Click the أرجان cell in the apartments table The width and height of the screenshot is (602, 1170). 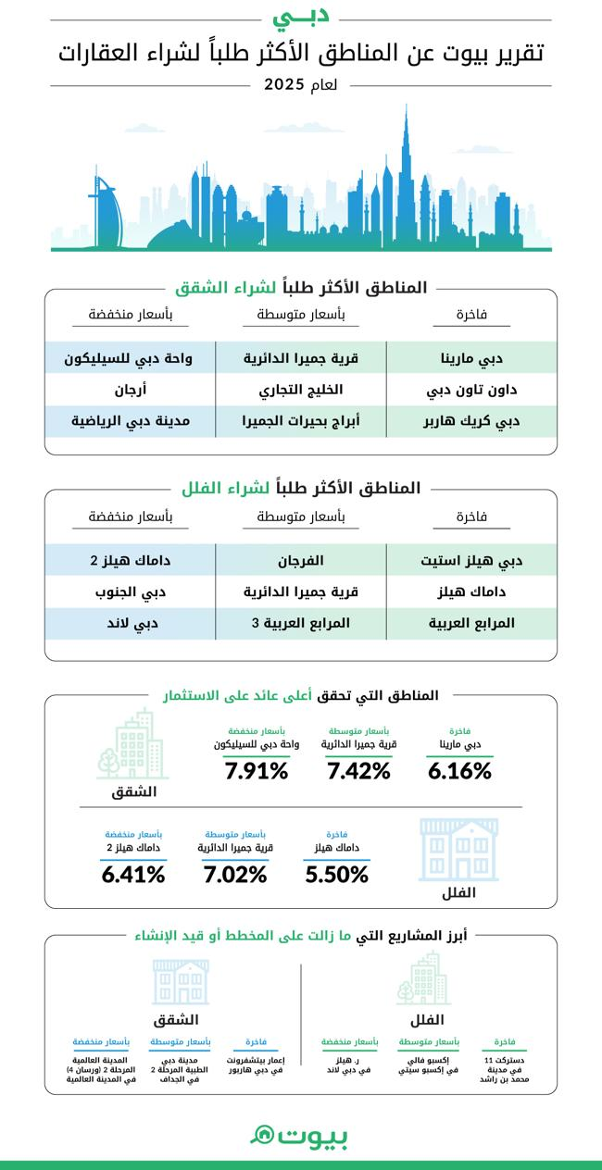tap(132, 390)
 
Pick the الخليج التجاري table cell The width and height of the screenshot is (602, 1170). tap(301, 390)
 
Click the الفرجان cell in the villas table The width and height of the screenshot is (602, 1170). tap(301, 560)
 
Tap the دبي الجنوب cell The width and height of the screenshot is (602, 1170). tap(132, 591)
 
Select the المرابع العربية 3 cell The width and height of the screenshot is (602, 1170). tap(301, 623)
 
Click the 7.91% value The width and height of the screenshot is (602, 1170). tap(257, 770)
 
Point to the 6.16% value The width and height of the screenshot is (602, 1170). tap(459, 770)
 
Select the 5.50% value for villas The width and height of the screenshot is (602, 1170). tap(336, 874)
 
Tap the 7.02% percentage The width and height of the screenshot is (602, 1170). tap(234, 874)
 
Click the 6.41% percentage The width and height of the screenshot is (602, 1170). tap(133, 874)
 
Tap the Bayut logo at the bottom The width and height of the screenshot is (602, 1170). tap(300, 1136)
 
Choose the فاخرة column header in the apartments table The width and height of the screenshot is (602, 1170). tap(471, 315)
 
